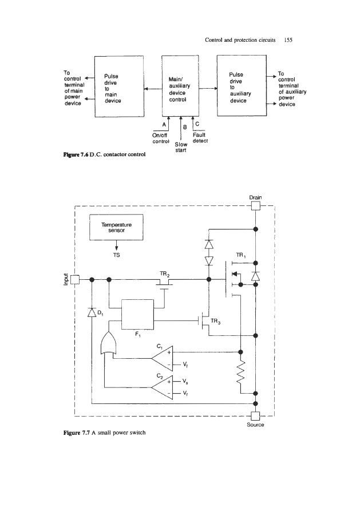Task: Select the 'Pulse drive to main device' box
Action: tap(118, 88)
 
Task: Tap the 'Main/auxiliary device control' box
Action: tap(180, 88)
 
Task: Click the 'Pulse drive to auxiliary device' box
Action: tap(241, 88)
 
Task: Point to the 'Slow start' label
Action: tap(181, 147)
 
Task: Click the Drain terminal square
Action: tap(255, 207)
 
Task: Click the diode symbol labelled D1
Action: tap(92, 312)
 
